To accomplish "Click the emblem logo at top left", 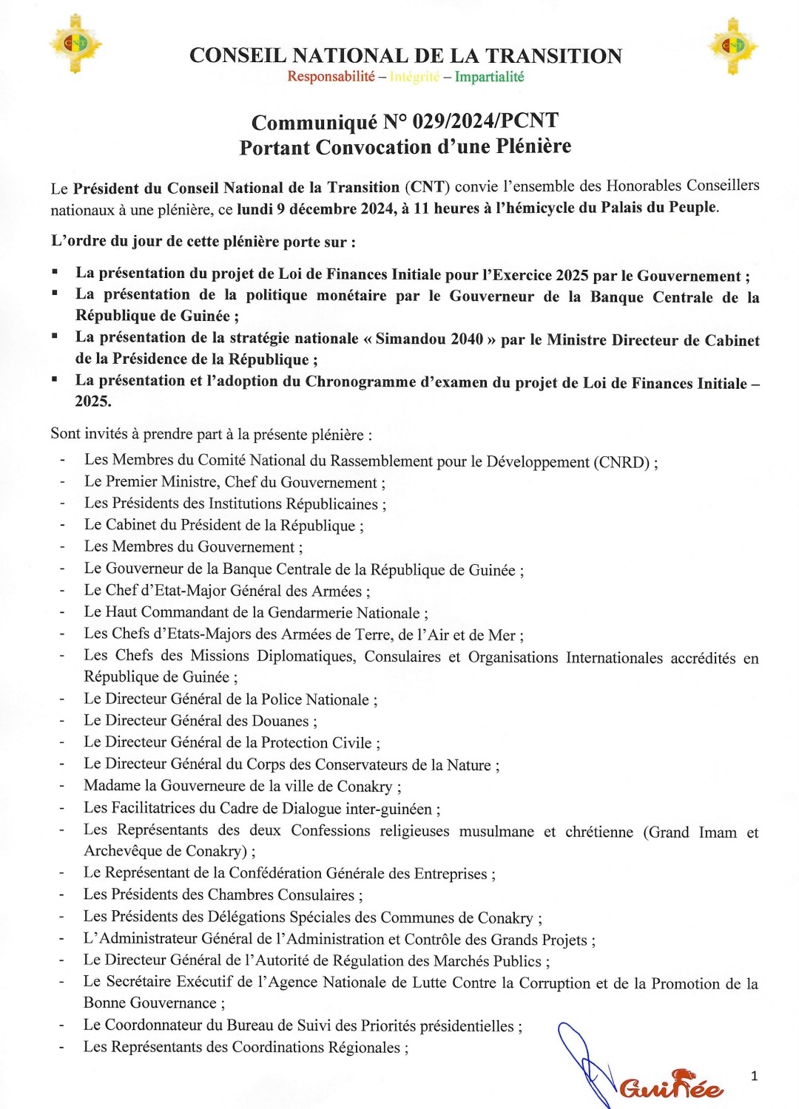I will (75, 44).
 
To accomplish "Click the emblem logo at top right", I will (732, 46).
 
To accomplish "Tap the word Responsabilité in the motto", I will (331, 77).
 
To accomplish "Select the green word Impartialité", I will (489, 77).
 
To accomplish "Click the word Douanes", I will (280, 721).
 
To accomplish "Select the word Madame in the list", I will (112, 785).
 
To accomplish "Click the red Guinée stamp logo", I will (670, 1085).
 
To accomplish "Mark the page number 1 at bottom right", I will (754, 1076).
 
